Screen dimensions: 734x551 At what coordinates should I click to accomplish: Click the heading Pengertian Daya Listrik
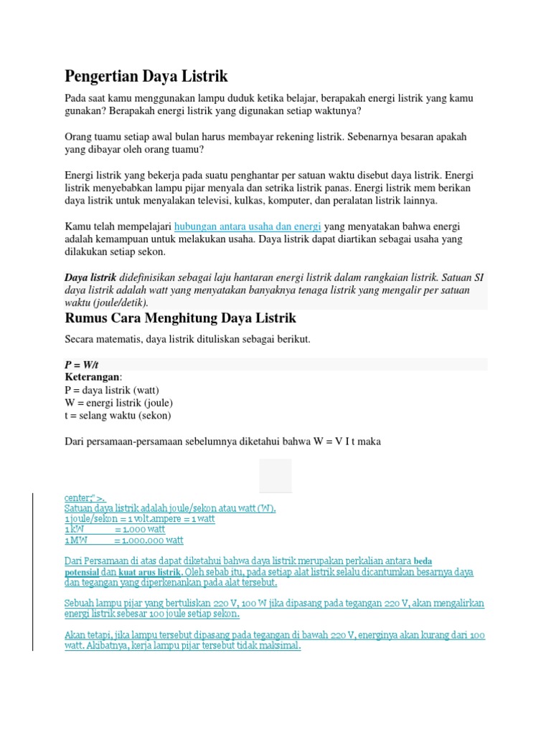146,75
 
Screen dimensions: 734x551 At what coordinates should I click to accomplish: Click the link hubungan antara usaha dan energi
248,227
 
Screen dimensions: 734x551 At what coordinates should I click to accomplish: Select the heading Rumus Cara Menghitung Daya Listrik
180,318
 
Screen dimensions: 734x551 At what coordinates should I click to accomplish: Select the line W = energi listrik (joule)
118,403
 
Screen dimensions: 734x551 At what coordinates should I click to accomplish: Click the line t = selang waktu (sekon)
118,416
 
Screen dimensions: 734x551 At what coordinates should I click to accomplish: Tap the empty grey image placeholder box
275,476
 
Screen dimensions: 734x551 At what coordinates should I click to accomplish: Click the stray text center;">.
85,497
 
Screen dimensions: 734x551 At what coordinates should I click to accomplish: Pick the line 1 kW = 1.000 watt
115,530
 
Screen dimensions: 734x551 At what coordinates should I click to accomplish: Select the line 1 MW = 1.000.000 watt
123,540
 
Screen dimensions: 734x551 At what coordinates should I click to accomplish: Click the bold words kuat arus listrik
150,573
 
